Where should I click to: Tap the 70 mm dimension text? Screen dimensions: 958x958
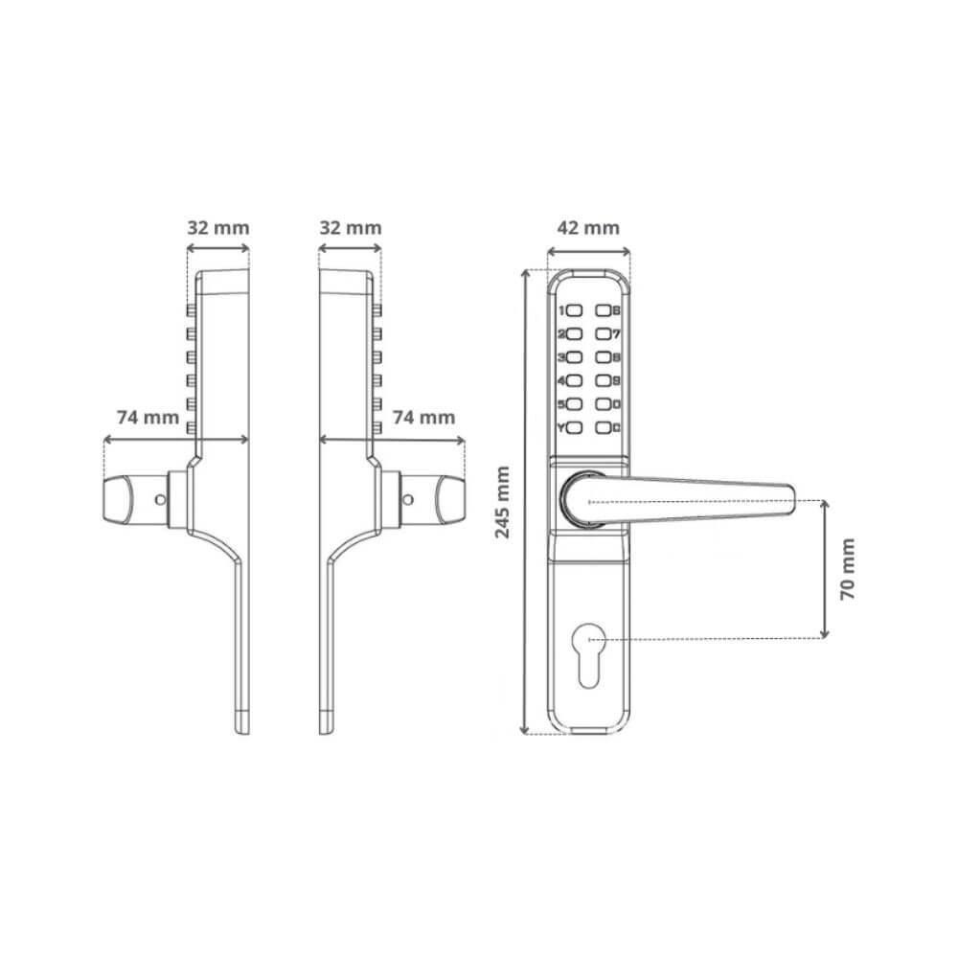click(848, 569)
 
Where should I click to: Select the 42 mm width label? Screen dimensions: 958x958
click(588, 228)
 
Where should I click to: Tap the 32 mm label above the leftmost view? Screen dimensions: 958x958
click(217, 228)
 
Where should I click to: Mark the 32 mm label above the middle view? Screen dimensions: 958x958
click(350, 228)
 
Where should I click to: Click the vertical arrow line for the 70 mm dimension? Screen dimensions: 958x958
click(825, 569)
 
